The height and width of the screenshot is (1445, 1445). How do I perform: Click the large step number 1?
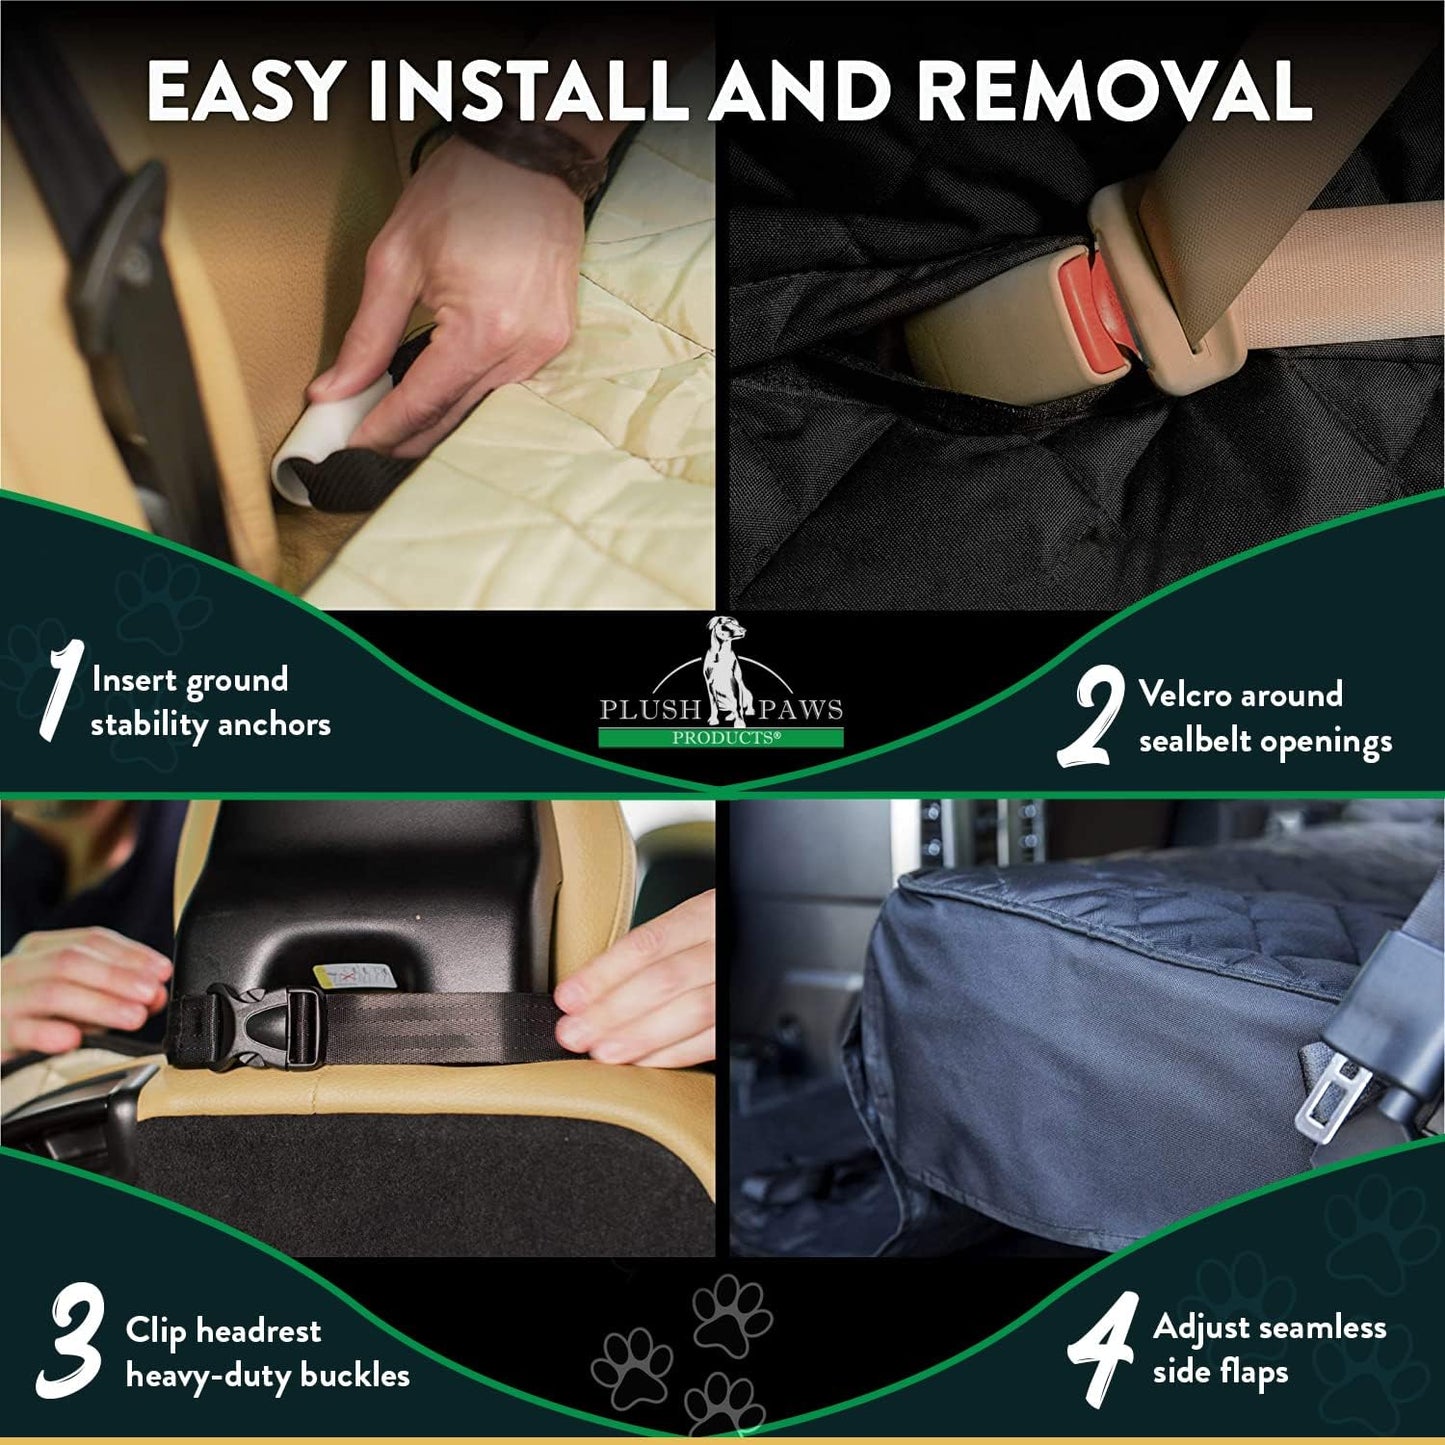click(x=58, y=691)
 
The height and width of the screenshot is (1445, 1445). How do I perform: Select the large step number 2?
click(x=1091, y=718)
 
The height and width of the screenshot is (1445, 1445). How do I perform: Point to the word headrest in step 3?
click(x=258, y=1331)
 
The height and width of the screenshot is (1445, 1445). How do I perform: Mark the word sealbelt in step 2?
click(x=1195, y=741)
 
